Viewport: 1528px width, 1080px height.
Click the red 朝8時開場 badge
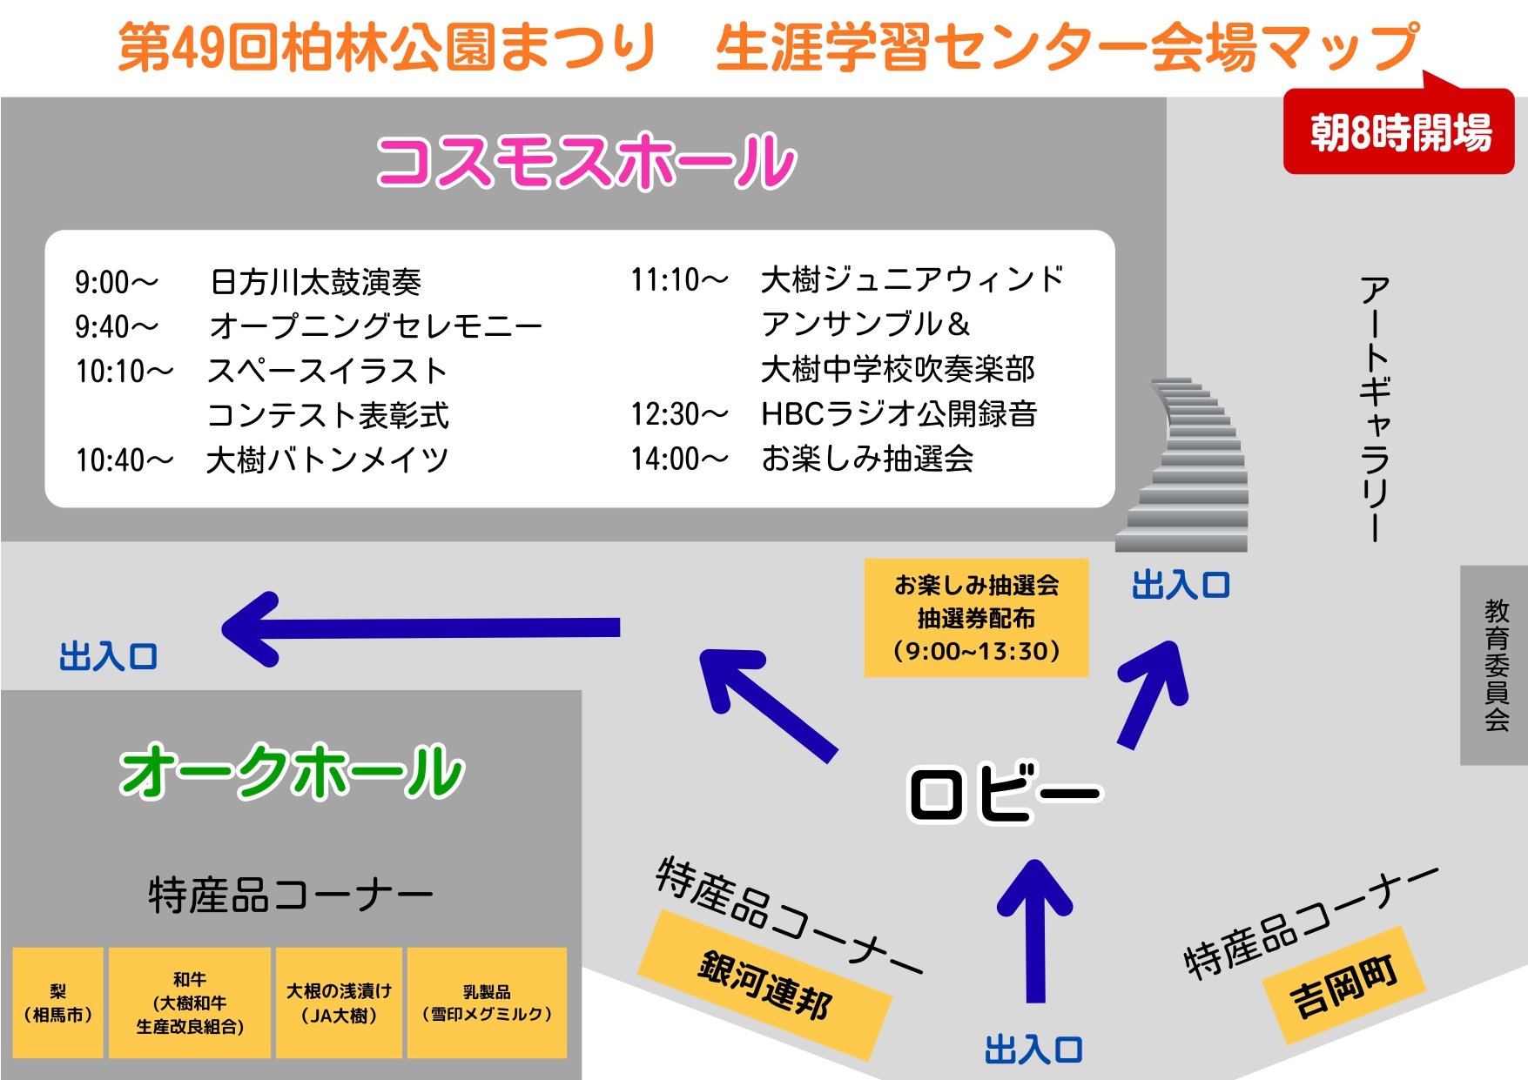tap(1398, 132)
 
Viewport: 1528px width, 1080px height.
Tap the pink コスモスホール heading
tap(586, 162)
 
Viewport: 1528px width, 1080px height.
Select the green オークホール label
tap(293, 772)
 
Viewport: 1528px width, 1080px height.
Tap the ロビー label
tap(1004, 793)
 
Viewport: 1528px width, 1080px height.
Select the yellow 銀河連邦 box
tap(764, 984)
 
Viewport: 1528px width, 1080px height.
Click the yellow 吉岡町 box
tap(1343, 984)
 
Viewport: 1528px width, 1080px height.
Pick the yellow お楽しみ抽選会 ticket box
tap(976, 618)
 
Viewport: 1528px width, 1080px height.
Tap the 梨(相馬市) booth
tap(58, 1003)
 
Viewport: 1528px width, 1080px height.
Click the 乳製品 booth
tap(487, 1003)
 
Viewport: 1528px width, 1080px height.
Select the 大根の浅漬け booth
tap(339, 1003)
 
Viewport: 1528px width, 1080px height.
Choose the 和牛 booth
tap(190, 1003)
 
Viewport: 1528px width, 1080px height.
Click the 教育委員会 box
tap(1495, 665)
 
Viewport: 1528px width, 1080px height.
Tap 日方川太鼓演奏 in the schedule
tap(316, 282)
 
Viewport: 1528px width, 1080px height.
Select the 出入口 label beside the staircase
tap(1180, 586)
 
